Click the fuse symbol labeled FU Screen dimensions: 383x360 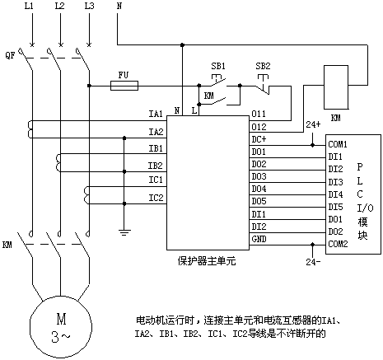(124, 86)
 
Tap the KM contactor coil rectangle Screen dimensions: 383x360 (336, 87)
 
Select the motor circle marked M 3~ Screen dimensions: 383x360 (61, 326)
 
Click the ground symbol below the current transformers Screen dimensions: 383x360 (124, 233)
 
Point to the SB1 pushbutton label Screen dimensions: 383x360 (218, 66)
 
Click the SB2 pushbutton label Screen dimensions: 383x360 (263, 66)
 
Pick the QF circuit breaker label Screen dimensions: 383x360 (10, 56)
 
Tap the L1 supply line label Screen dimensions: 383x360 (29, 6)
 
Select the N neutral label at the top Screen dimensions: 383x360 (119, 6)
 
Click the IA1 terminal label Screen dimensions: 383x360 (156, 114)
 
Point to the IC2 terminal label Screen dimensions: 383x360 (156, 198)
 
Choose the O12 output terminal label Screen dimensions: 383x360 (259, 127)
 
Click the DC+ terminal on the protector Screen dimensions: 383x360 (259, 139)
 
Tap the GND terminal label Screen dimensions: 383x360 (259, 239)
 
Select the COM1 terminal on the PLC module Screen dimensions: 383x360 (338, 144)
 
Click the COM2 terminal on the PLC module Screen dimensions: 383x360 (338, 244)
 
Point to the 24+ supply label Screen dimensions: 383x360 (313, 124)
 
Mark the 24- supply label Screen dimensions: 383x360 (313, 262)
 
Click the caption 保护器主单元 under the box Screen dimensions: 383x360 (207, 261)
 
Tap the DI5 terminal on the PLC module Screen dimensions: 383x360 (335, 207)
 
